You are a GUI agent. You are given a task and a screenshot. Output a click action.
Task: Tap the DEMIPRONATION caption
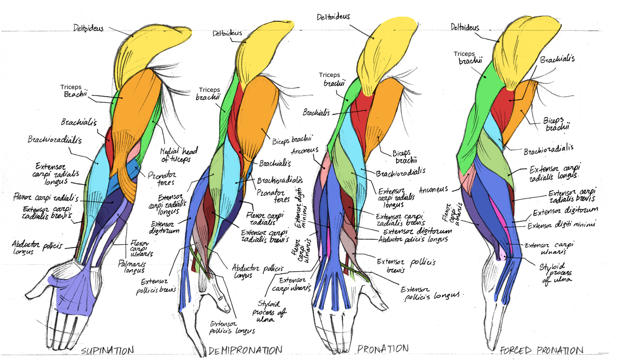coord(245,350)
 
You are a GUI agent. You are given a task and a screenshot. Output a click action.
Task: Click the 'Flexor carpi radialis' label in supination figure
coord(46,197)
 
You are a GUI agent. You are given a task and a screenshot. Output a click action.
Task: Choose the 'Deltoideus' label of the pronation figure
coord(334,17)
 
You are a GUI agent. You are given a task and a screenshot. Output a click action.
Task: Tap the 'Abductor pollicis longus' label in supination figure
coord(34,246)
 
